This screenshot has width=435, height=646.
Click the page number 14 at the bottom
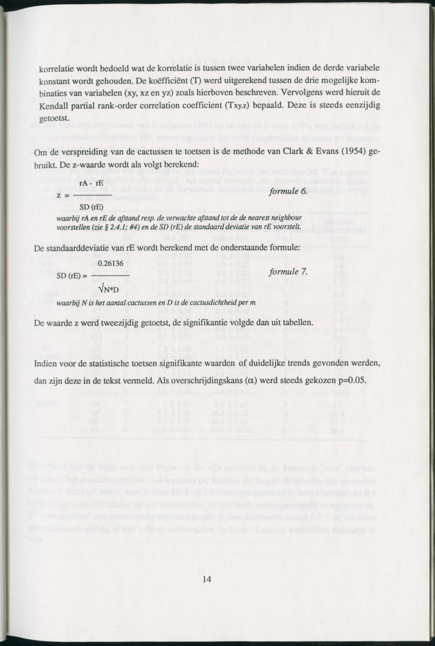[208, 579]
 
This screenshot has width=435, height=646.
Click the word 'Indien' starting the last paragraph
[45, 363]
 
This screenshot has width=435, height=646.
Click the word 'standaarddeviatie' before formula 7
[80, 248]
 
